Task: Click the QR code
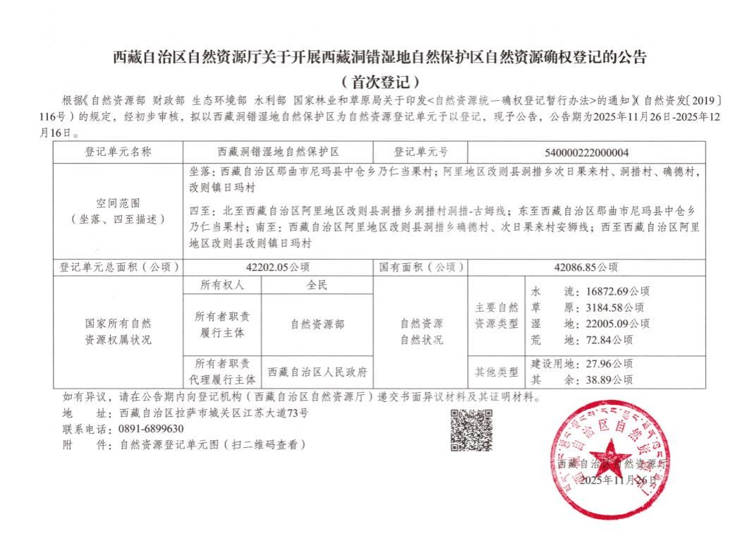(471, 430)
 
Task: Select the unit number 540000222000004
(587, 152)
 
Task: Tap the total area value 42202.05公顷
(278, 267)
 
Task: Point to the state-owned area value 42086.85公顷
(586, 267)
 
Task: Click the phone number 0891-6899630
(152, 429)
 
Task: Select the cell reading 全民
(317, 286)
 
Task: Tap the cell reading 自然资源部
(317, 324)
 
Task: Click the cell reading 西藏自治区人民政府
(317, 372)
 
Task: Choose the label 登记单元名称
(118, 152)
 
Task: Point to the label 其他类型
(498, 372)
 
